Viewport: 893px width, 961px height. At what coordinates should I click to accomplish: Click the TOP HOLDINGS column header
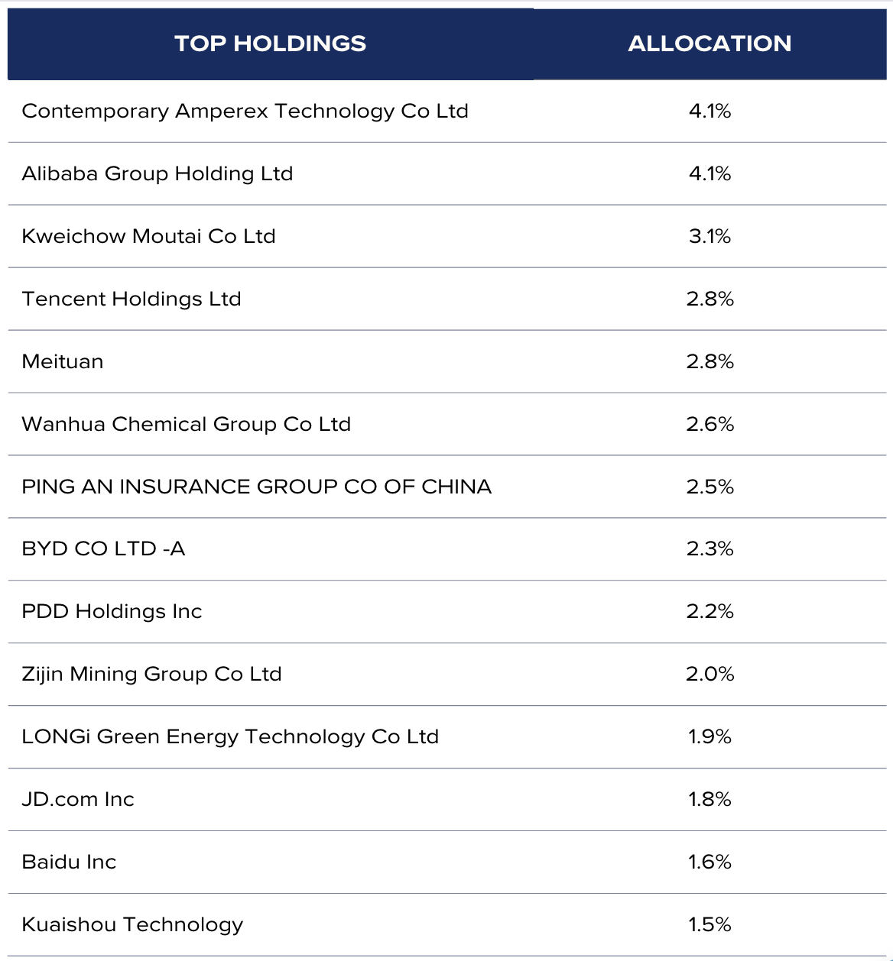pos(270,44)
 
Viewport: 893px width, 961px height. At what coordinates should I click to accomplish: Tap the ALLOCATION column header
pos(710,44)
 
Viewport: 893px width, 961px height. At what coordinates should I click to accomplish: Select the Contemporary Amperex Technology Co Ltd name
pos(245,111)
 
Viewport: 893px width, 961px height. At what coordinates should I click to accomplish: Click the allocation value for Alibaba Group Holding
pos(710,173)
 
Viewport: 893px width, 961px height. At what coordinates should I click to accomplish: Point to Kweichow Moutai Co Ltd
pos(148,236)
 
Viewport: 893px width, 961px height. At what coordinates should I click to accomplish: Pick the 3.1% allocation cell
pos(710,236)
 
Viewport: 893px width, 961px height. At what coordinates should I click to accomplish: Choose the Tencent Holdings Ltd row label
pos(132,299)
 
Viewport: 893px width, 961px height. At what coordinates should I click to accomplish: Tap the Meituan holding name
pos(63,361)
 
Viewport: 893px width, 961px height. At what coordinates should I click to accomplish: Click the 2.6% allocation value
pos(710,424)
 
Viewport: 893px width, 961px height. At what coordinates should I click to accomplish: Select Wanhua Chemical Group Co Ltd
pos(186,424)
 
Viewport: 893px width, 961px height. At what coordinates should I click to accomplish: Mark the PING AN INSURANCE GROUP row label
pos(256,487)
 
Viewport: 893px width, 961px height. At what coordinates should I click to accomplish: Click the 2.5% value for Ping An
pos(710,487)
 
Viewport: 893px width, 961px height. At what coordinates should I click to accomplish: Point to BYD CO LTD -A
pos(103,548)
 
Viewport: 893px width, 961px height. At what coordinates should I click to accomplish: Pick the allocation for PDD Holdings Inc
pos(710,611)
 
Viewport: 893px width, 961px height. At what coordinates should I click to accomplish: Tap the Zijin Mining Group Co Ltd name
pos(151,674)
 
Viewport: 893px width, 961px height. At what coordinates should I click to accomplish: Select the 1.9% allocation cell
pos(710,736)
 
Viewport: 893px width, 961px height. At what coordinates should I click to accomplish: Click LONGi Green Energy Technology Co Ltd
pos(230,736)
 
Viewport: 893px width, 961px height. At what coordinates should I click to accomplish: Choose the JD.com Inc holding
pos(78,799)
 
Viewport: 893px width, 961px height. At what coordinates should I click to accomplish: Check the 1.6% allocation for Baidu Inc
pos(710,862)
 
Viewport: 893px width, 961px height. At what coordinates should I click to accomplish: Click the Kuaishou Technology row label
pos(132,924)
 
